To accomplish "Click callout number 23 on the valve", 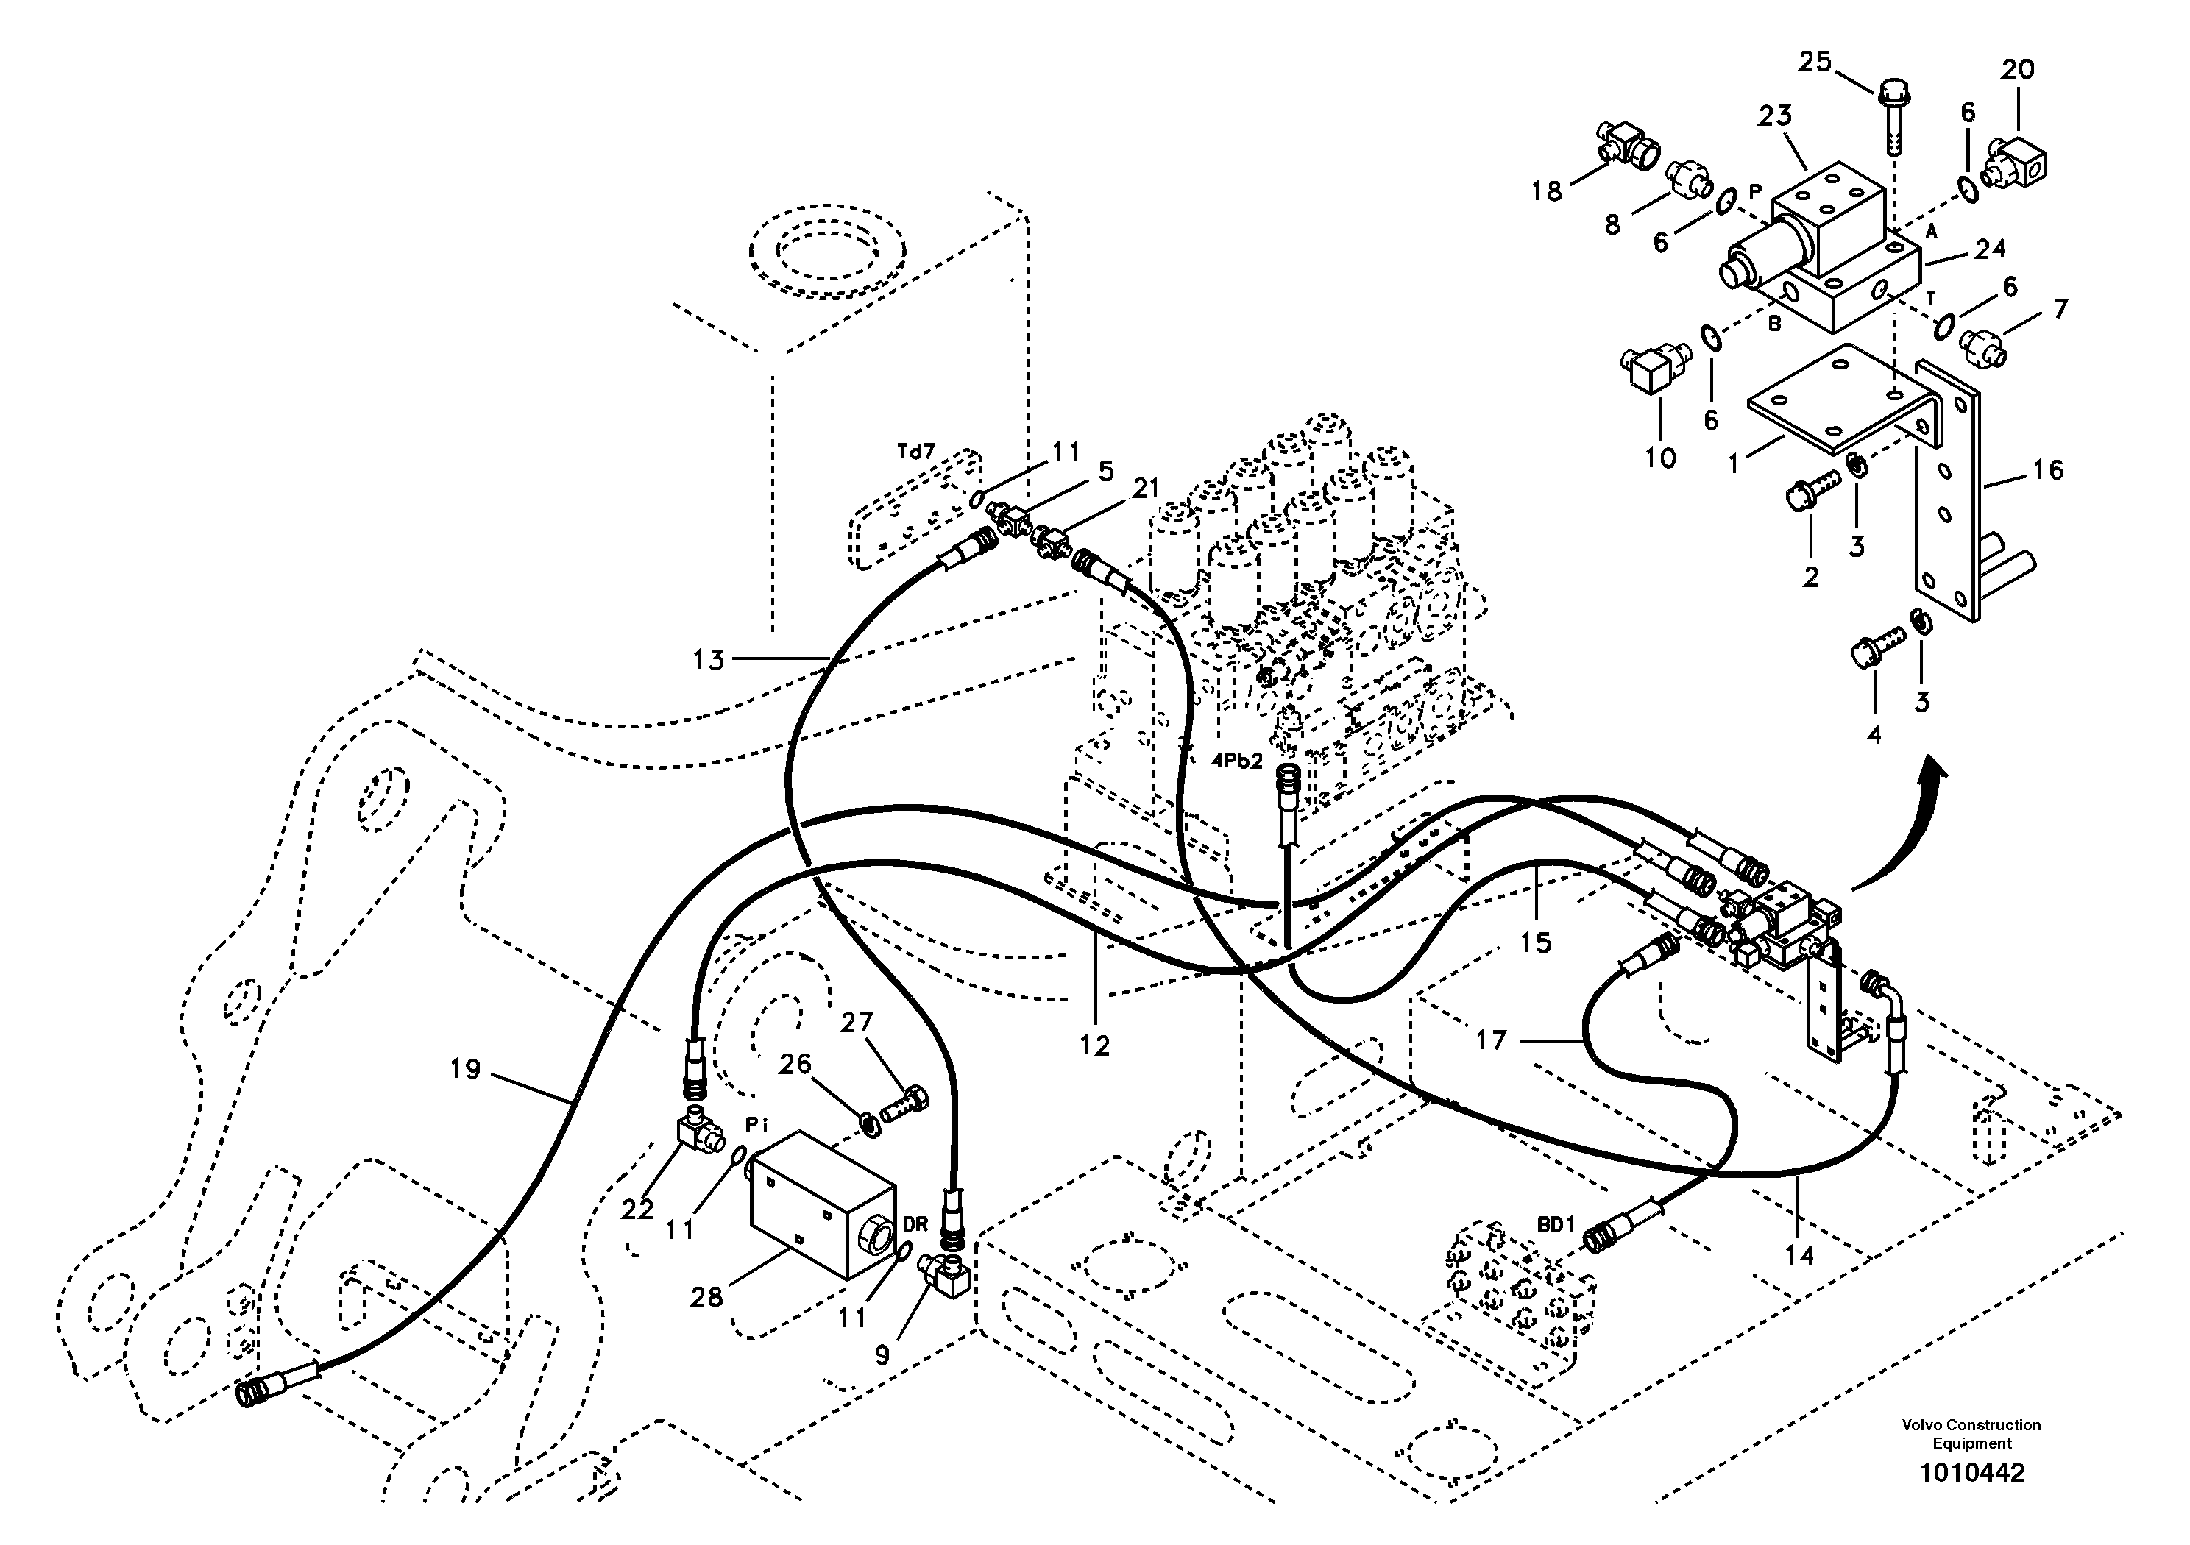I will point(1775,116).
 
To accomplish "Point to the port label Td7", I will point(915,452).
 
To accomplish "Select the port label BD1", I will point(1555,1224).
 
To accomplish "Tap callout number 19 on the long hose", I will point(466,1069).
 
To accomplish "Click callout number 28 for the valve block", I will point(706,1297).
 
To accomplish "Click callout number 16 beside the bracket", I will point(2048,469).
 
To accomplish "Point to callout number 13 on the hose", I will point(709,659).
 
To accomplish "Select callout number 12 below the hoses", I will point(1095,1045).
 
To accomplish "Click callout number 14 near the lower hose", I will point(1799,1256).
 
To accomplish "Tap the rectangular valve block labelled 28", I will point(822,1204).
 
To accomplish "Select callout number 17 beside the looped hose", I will point(1491,1040).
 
